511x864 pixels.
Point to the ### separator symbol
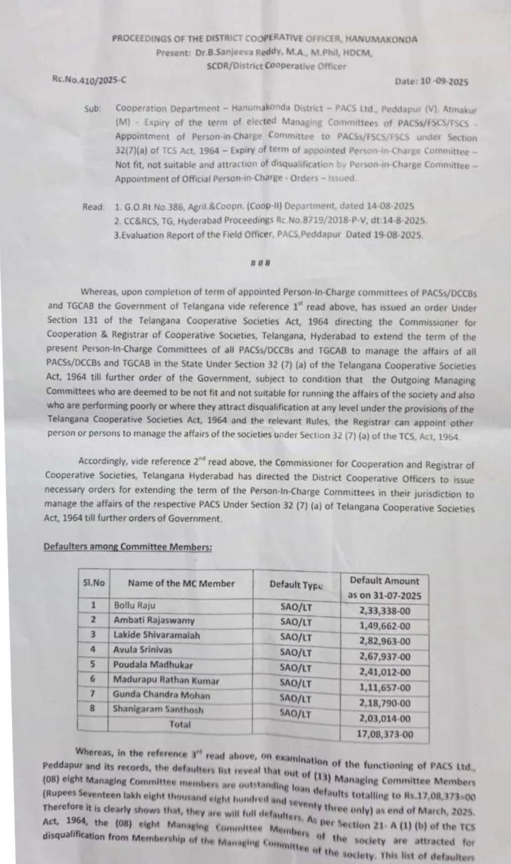point(260,263)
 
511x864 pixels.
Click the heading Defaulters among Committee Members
point(128,547)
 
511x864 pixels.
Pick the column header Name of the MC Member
point(181,583)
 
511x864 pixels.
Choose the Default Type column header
point(296,585)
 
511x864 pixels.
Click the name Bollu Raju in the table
point(134,605)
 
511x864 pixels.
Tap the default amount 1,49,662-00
point(385,626)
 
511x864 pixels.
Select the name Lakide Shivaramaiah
point(156,635)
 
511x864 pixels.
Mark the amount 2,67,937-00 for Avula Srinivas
point(385,657)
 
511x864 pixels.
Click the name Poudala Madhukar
point(153,665)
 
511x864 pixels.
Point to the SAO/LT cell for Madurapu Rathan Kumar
point(296,683)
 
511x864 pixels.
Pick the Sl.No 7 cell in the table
point(93,694)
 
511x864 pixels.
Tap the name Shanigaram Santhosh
point(158,709)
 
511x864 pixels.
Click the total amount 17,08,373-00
point(385,734)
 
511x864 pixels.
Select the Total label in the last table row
point(180,724)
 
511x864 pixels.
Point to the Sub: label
point(93,108)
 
